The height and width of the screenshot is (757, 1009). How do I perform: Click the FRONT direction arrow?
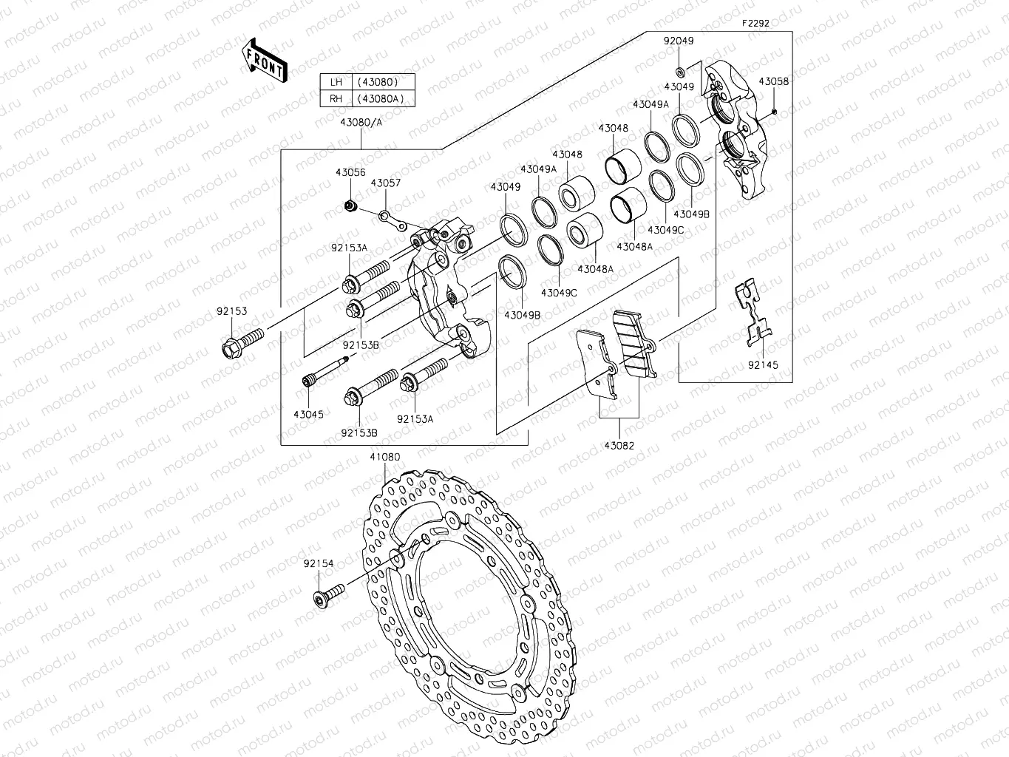[x=265, y=59]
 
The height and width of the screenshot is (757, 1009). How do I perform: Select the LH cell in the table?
[x=336, y=82]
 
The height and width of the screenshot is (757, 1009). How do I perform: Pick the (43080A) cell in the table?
[x=381, y=99]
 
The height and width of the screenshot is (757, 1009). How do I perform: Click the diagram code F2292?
[x=755, y=23]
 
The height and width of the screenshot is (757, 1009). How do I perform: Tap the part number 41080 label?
[x=384, y=457]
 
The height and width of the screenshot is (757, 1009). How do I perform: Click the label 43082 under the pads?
[x=619, y=446]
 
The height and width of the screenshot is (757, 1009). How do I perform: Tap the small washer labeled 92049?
[x=679, y=72]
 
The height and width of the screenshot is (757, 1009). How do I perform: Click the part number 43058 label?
[x=773, y=81]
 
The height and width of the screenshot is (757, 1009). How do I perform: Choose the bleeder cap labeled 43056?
[x=351, y=205]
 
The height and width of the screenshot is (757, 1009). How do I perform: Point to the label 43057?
[x=385, y=183]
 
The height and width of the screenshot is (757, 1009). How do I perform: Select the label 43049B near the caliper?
[x=522, y=315]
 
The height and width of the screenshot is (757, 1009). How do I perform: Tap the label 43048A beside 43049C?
[x=595, y=269]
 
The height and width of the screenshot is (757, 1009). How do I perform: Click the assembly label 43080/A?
[x=361, y=122]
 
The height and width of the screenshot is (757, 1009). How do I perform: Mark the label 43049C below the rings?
[x=559, y=293]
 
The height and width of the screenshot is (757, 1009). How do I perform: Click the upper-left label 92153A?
[x=349, y=248]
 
